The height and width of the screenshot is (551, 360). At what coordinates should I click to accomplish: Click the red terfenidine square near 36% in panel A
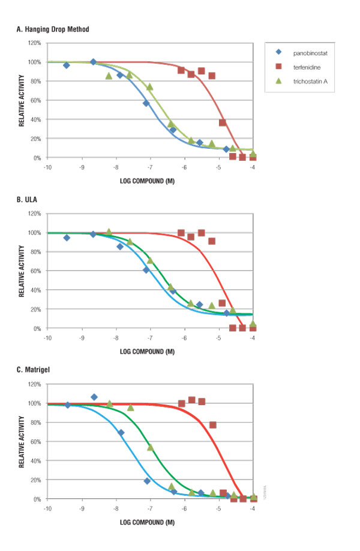[223, 122]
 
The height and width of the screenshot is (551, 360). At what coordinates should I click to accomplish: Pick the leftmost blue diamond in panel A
[67, 65]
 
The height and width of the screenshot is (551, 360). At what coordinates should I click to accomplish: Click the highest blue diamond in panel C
[94, 397]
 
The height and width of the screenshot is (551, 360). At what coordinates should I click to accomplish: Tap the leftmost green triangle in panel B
[109, 232]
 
